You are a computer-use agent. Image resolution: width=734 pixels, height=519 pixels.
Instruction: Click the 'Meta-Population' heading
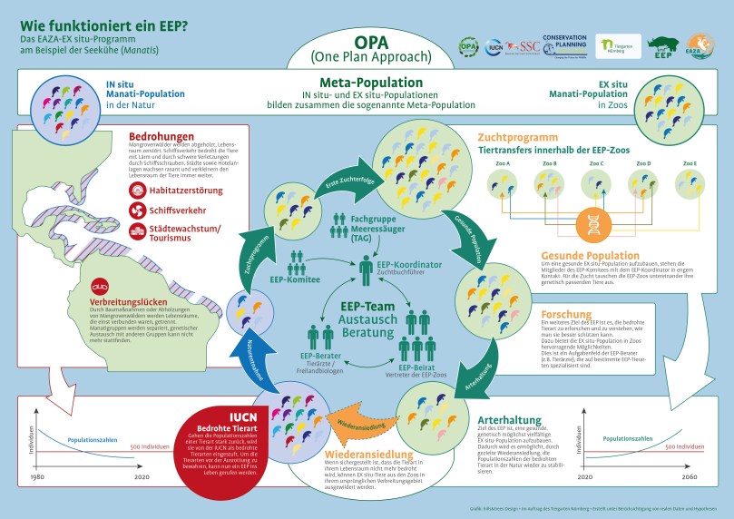367,84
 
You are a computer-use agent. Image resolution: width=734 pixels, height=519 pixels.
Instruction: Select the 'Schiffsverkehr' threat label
182,210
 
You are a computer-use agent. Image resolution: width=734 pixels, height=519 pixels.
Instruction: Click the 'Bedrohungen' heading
161,135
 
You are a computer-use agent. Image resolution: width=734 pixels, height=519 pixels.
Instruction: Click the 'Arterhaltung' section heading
512,419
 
